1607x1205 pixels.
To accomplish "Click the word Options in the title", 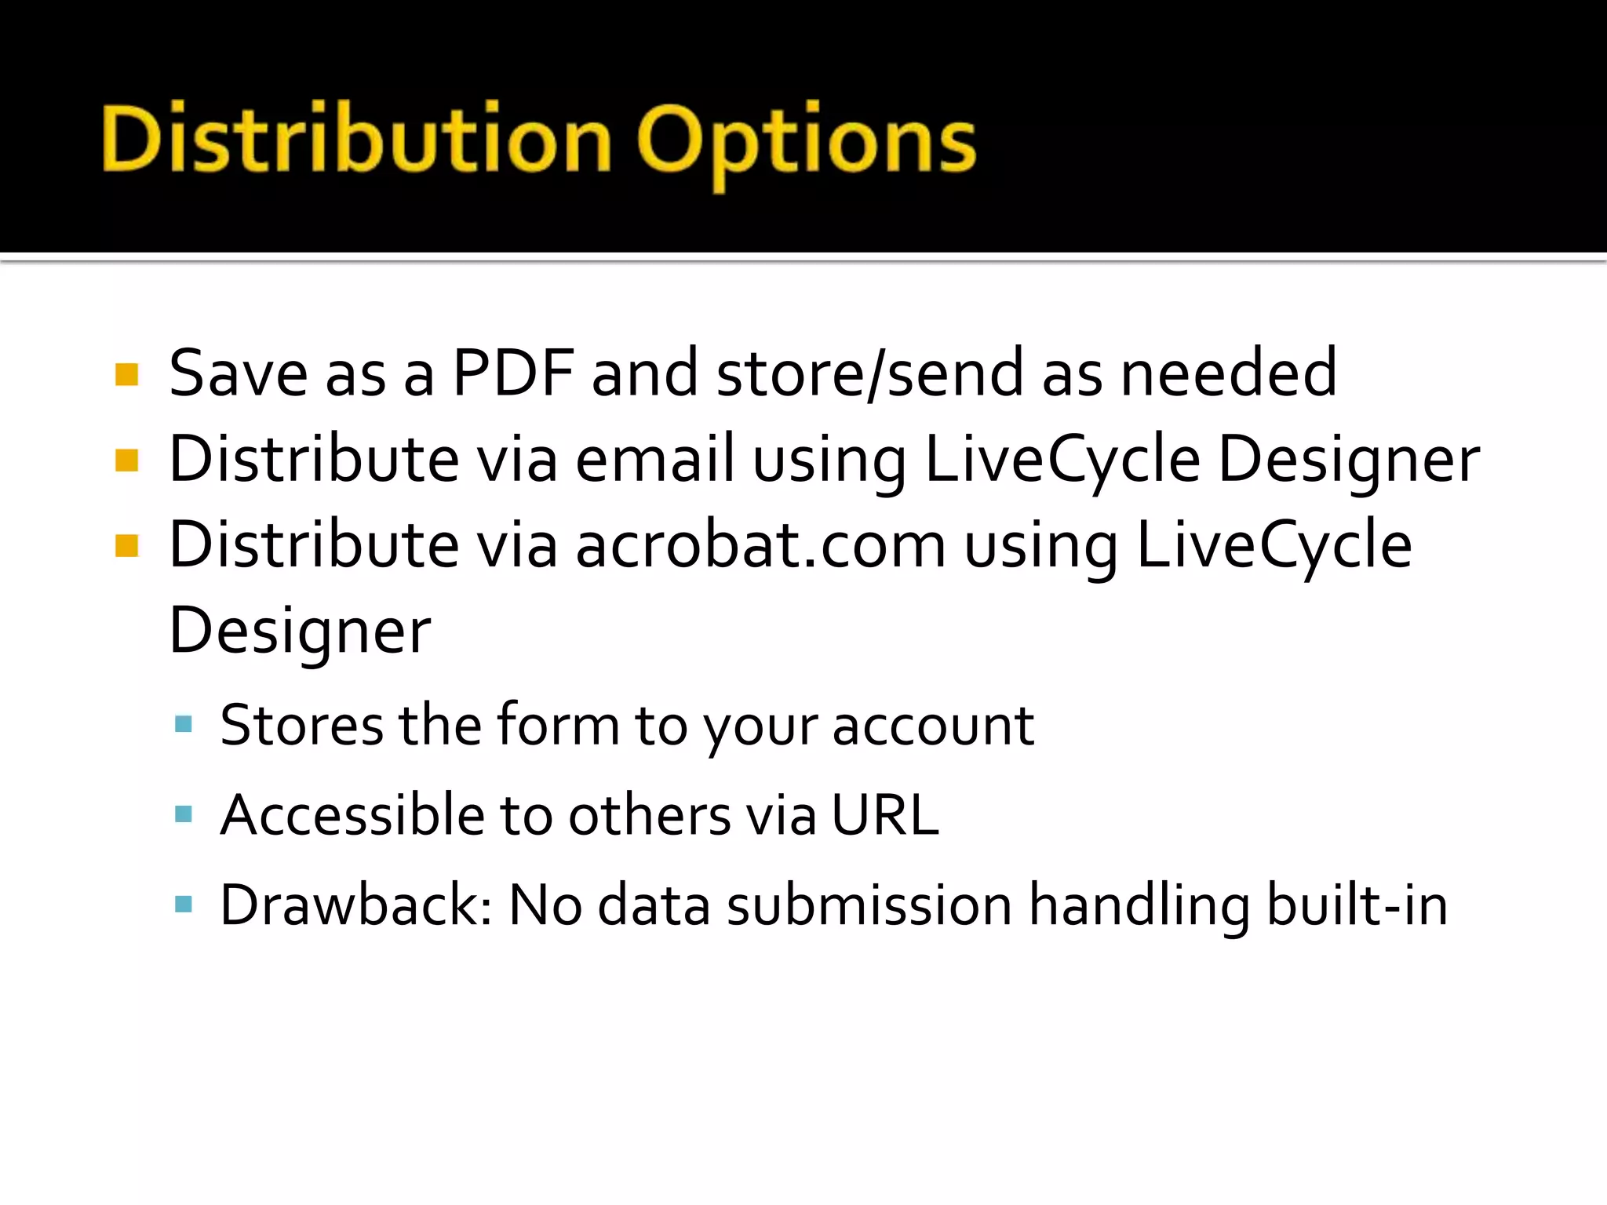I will pyautogui.click(x=807, y=143).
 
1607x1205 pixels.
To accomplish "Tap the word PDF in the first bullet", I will pyautogui.click(x=512, y=373).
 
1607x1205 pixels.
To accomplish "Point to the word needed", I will pyautogui.click(x=1228, y=373).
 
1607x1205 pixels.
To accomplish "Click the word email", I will pyautogui.click(x=655, y=459).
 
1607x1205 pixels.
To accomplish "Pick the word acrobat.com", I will pyautogui.click(x=760, y=545).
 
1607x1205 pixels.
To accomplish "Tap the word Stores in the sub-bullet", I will pyautogui.click(x=301, y=725).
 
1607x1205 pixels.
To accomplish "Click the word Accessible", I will pyautogui.click(x=352, y=815).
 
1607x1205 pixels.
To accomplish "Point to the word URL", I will pyautogui.click(x=884, y=815).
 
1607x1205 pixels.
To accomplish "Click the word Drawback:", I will pyautogui.click(x=356, y=905).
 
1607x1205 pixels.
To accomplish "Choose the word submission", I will pyautogui.click(x=869, y=905).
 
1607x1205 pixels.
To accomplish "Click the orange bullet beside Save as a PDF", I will pyautogui.click(x=126, y=375).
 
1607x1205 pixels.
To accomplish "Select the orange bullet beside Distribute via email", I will pyautogui.click(x=126, y=461).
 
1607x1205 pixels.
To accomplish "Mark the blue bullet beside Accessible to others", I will pyautogui.click(x=184, y=814).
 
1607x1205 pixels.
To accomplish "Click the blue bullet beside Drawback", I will pyautogui.click(x=184, y=905).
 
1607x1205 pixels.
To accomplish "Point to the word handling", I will pyautogui.click(x=1139, y=907).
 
